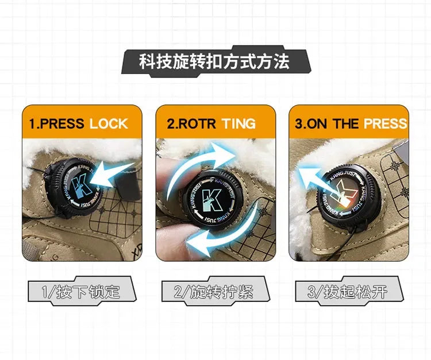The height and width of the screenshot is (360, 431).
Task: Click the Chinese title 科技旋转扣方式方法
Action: point(214,61)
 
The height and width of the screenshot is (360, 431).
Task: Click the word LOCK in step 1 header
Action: point(109,124)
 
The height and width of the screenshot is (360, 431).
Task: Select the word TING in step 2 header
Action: point(239,124)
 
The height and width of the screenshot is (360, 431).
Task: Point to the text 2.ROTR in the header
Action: point(191,124)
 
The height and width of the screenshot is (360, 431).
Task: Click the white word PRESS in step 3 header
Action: point(385,124)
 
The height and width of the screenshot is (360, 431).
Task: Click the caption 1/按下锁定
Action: point(81,292)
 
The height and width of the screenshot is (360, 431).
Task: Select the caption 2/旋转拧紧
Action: point(214,292)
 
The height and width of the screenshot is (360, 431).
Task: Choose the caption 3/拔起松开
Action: point(347,292)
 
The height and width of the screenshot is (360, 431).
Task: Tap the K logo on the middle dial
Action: point(211,200)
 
